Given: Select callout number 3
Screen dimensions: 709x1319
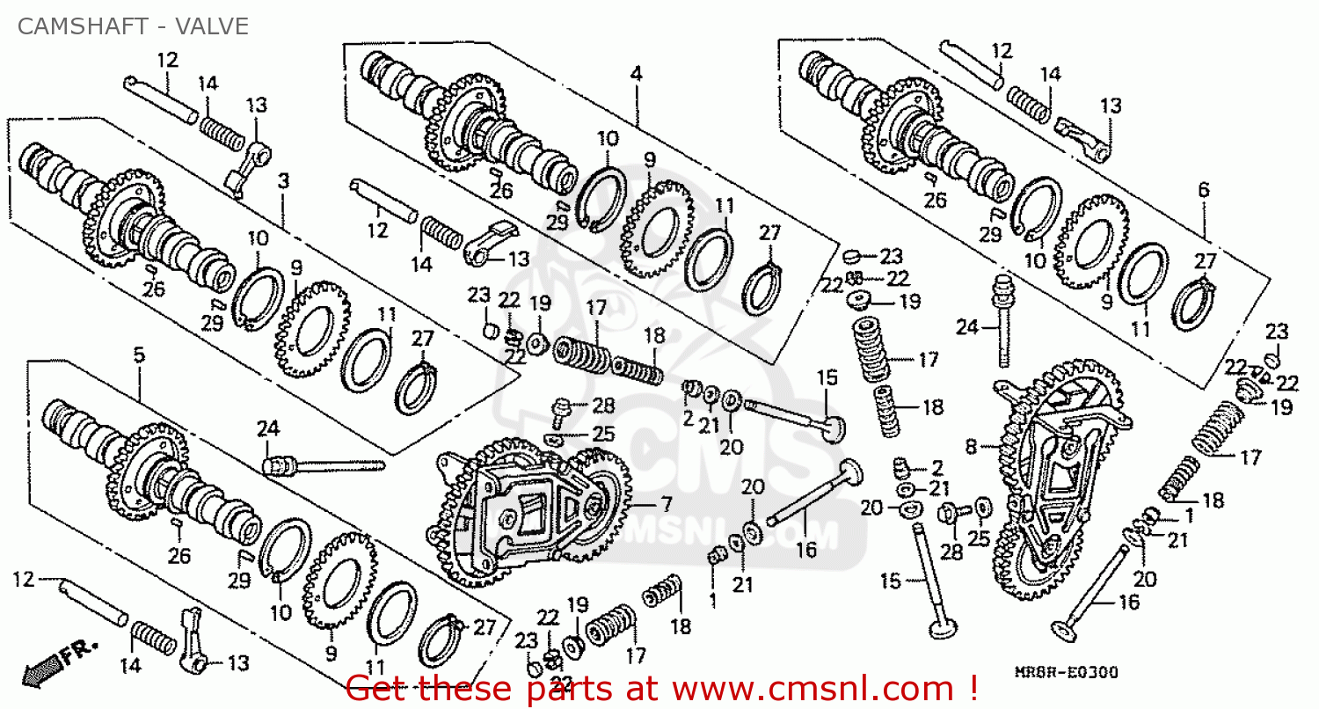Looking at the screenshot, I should pyautogui.click(x=283, y=180).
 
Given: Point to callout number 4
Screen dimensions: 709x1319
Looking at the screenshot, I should pyautogui.click(x=636, y=74).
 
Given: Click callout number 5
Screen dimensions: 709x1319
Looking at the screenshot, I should pyautogui.click(x=138, y=354).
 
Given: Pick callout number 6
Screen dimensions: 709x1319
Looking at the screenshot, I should pyautogui.click(x=1203, y=189).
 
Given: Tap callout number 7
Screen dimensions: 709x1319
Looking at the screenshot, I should pyautogui.click(x=666, y=505).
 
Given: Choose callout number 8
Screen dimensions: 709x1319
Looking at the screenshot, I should pyautogui.click(x=971, y=447).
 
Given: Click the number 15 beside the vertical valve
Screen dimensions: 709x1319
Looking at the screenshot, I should pyautogui.click(x=891, y=581).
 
